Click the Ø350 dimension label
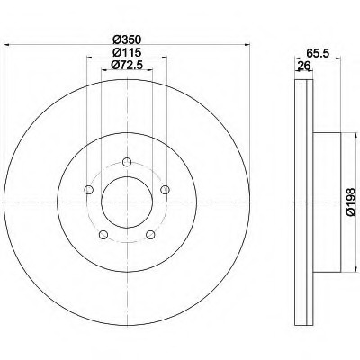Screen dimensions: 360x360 coord(127,40)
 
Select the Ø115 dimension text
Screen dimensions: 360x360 coord(127,53)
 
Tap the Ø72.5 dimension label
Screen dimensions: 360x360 coord(127,65)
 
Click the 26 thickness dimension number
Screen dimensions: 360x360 coord(303,65)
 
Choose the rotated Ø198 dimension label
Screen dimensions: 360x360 coord(350,202)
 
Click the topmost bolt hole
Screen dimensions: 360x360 coord(127,162)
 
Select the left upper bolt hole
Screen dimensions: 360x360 coord(89,190)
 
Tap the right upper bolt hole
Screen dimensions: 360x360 coord(166,190)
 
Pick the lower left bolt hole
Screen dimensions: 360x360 coord(103,235)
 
